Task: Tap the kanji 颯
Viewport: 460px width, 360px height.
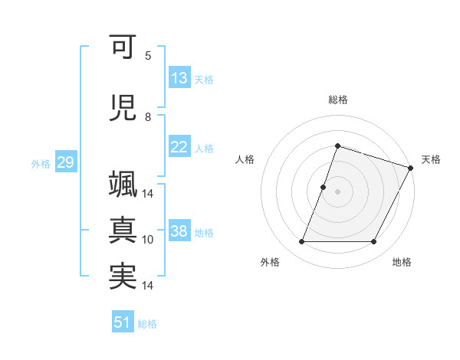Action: (x=123, y=186)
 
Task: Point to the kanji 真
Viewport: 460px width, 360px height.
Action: (x=123, y=231)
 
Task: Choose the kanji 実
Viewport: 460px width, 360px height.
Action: (x=123, y=277)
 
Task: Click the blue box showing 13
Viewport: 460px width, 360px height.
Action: (x=179, y=78)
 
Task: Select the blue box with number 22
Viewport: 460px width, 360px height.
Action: (x=179, y=147)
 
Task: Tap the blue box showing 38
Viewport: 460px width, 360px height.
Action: (x=179, y=231)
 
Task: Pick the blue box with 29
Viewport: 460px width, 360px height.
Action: (x=65, y=162)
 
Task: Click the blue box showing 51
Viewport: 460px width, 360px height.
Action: (x=123, y=322)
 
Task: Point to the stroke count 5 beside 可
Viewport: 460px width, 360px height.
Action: (x=148, y=56)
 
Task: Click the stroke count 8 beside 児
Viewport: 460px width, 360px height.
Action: (x=148, y=117)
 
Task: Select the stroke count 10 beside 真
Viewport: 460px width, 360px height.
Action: (x=148, y=240)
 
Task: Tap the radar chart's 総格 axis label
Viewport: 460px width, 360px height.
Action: (x=337, y=100)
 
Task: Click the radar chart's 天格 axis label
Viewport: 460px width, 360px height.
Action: (x=431, y=159)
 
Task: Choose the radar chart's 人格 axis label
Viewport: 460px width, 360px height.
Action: (x=245, y=159)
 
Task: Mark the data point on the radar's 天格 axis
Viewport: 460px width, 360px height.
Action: (x=412, y=168)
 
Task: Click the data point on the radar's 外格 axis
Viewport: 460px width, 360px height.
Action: (x=301, y=242)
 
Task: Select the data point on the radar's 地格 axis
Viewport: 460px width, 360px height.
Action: (x=374, y=242)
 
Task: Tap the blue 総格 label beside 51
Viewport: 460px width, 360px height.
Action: (x=147, y=324)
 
